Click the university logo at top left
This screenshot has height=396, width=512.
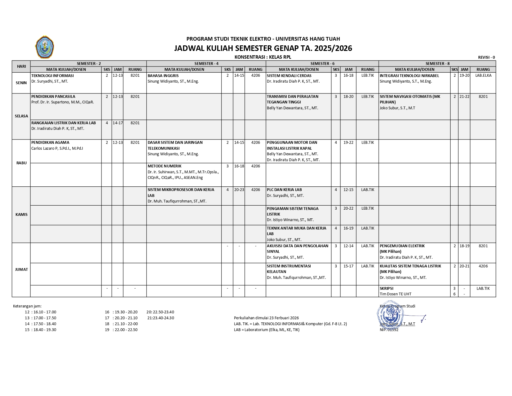click(45, 47)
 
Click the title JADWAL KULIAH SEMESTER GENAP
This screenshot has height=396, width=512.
click(263, 48)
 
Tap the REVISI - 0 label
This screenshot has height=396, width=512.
click(486, 57)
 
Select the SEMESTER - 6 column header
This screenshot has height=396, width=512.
click(322, 63)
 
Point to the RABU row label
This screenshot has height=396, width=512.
click(21, 163)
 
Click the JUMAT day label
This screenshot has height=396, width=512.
click(21, 269)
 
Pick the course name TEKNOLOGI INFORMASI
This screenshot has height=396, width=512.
click(52, 75)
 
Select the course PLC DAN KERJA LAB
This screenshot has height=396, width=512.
click(284, 189)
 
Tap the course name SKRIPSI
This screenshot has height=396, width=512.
click(386, 288)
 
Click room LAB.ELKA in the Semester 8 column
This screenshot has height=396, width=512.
click(483, 75)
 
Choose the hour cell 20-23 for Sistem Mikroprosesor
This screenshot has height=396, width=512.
click(239, 189)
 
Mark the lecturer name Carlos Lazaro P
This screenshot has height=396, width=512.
click(57, 148)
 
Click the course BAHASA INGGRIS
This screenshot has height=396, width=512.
click(163, 75)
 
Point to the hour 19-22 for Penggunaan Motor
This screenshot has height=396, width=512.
click(348, 142)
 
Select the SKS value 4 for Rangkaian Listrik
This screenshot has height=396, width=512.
click(107, 123)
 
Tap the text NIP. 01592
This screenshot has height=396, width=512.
click(389, 330)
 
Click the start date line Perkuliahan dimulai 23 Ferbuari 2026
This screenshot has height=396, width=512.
click(266, 318)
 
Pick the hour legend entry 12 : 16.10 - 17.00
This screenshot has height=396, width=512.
click(41, 312)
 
